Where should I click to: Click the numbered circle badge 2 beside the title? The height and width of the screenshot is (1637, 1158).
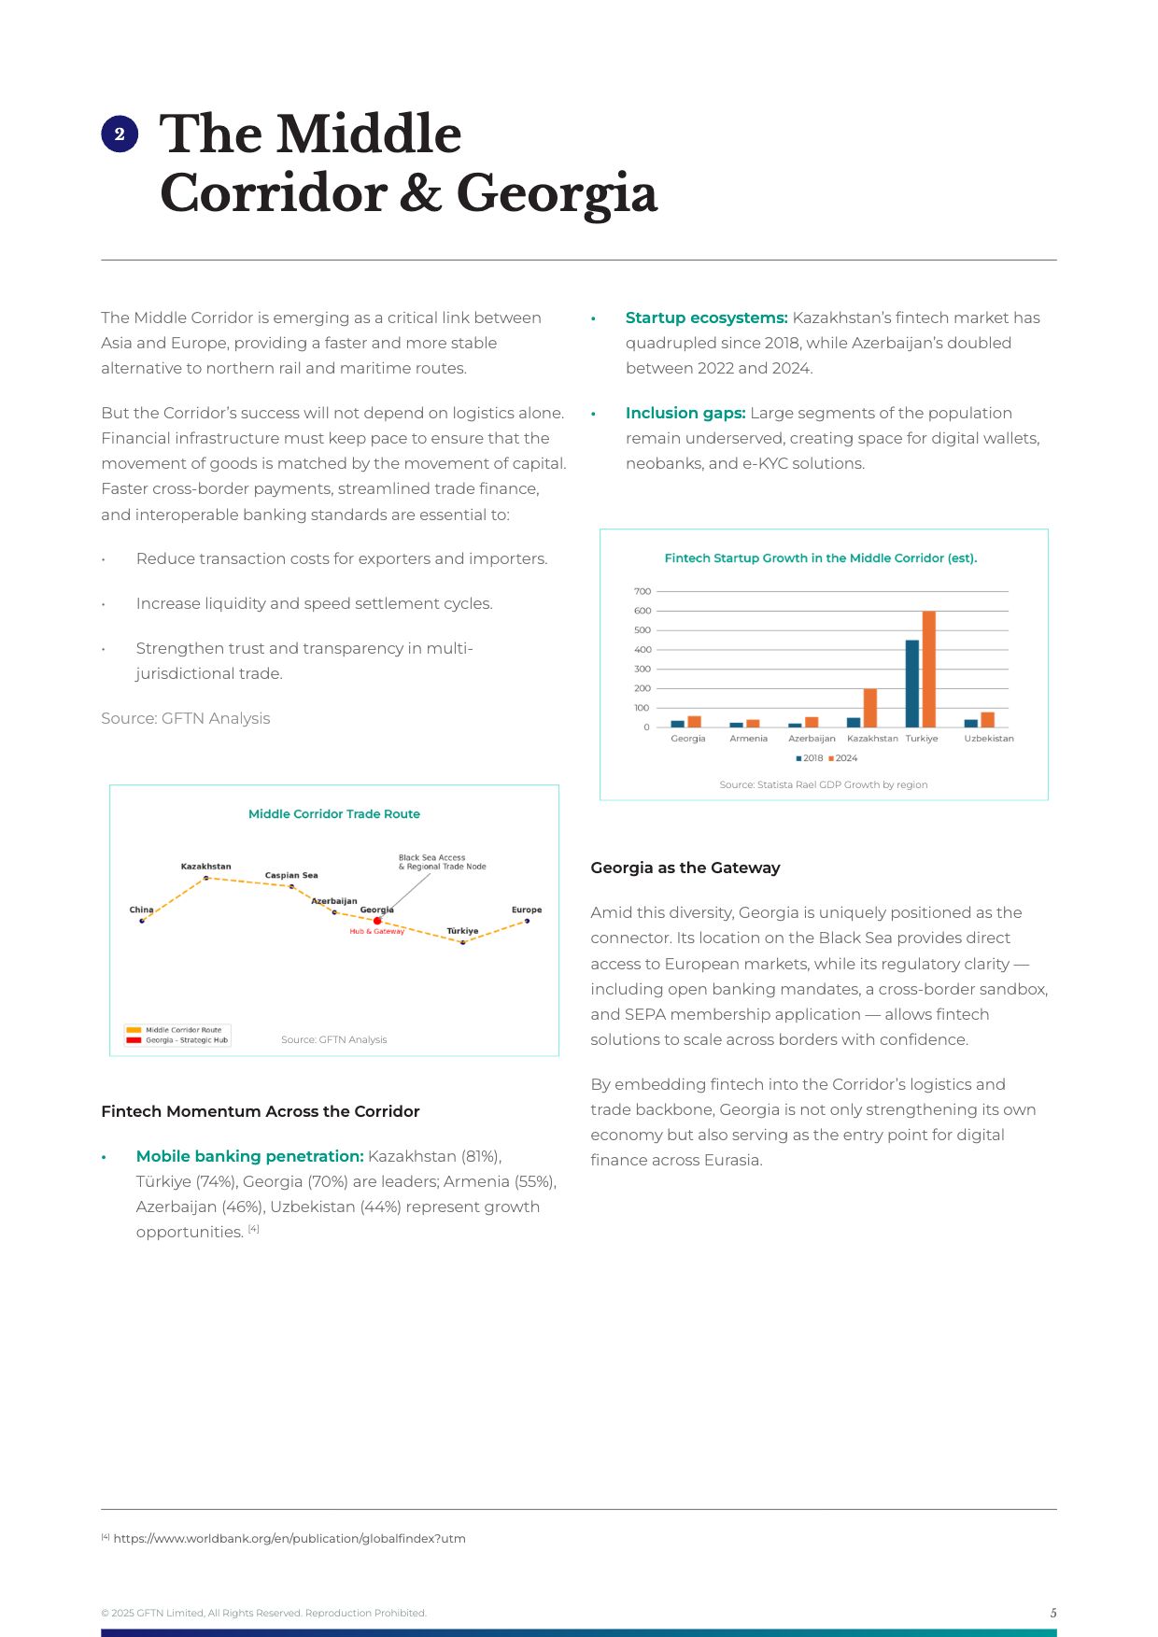click(120, 134)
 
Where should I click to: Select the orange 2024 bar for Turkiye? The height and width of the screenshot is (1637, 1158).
click(928, 669)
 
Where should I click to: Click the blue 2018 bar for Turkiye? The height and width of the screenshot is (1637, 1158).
click(911, 684)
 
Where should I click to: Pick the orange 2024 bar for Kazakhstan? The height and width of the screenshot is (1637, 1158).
click(869, 708)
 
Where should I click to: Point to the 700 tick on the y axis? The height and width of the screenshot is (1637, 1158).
click(643, 591)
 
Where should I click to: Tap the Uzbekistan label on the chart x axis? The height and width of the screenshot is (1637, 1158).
click(988, 739)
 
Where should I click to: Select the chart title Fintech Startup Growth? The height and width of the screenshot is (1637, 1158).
click(820, 558)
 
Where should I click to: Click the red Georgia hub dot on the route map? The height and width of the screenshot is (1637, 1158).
click(377, 921)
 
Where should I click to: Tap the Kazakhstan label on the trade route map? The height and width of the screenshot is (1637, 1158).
click(205, 867)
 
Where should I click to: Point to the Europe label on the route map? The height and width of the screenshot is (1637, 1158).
click(526, 910)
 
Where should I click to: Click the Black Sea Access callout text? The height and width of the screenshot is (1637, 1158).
click(442, 862)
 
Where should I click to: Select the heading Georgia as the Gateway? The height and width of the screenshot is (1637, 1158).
click(685, 868)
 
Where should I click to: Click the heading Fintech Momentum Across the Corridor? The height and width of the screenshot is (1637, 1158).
click(260, 1111)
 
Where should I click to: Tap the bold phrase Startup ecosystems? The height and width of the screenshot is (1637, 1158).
click(706, 318)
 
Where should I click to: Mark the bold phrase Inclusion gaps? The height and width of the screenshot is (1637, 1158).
click(685, 413)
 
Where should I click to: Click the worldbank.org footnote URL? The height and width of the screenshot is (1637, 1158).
click(289, 1539)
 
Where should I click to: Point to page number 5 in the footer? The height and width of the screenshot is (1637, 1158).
click(1052, 1613)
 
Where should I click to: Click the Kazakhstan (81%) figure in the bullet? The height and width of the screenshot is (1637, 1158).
click(434, 1156)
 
